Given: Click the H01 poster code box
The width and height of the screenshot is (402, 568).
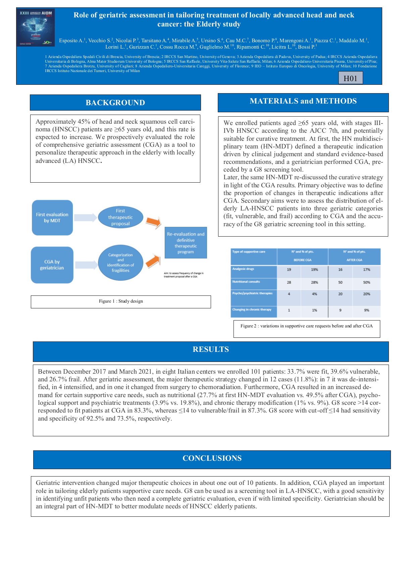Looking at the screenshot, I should pyautogui.click(x=350, y=78).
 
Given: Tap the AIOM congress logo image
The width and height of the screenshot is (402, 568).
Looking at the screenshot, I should pyautogui.click(x=36, y=27).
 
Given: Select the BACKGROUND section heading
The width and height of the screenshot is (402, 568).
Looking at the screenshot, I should pyautogui.click(x=115, y=103).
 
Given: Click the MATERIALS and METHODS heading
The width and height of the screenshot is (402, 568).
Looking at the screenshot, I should pyautogui.click(x=303, y=101).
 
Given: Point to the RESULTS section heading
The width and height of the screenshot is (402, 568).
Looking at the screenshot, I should pyautogui.click(x=211, y=350).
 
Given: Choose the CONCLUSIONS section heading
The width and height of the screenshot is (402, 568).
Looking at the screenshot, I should pyautogui.click(x=212, y=458).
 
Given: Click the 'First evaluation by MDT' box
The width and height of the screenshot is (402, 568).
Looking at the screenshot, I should pyautogui.click(x=52, y=217).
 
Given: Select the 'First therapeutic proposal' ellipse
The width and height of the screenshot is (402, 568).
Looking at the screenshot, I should pyautogui.click(x=120, y=217).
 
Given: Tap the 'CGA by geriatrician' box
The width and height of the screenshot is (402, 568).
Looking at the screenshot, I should pyautogui.click(x=52, y=265).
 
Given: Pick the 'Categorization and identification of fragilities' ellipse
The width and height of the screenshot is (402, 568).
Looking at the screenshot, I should pyautogui.click(x=120, y=263).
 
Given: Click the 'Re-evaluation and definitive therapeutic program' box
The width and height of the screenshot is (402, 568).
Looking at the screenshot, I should pyautogui.click(x=186, y=243).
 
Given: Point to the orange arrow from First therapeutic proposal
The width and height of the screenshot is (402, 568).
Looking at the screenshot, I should pyautogui.click(x=154, y=222).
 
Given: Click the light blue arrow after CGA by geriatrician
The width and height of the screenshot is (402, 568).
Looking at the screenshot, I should pyautogui.click(x=86, y=265).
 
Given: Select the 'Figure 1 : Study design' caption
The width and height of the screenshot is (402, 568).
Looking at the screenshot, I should pyautogui.click(x=121, y=301).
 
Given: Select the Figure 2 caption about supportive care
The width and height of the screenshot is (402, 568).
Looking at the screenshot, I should pyautogui.click(x=306, y=326).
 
